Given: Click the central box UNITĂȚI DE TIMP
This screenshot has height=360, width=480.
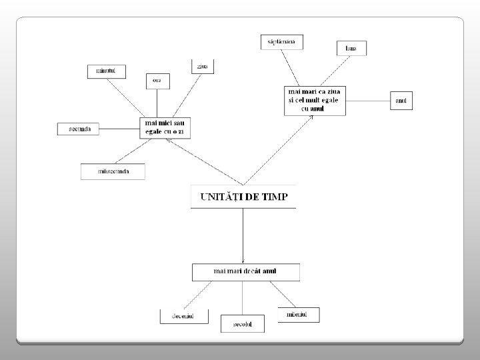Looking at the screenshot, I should click(243, 197).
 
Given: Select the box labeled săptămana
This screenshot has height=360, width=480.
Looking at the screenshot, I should click(282, 42).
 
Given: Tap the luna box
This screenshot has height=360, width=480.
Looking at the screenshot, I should click(351, 48).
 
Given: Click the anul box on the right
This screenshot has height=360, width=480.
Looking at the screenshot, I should click(401, 101).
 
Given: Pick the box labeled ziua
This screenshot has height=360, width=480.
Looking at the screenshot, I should click(202, 66).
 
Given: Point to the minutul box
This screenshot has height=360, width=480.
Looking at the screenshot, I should click(106, 71).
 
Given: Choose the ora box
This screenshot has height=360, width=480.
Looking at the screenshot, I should click(157, 80).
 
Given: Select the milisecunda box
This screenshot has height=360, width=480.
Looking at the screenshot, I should click(113, 171).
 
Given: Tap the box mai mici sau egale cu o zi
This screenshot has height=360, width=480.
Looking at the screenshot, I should click(165, 127).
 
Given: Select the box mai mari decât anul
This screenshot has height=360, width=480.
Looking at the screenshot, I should click(245, 271).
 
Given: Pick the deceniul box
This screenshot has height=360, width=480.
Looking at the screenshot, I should click(183, 315).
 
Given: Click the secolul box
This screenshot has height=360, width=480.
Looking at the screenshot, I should click(242, 324).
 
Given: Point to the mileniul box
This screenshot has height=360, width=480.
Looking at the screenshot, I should click(298, 313).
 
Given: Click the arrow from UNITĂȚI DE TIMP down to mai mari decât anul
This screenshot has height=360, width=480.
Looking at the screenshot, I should click(243, 237).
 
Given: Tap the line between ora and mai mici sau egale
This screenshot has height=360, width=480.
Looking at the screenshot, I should click(157, 103).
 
